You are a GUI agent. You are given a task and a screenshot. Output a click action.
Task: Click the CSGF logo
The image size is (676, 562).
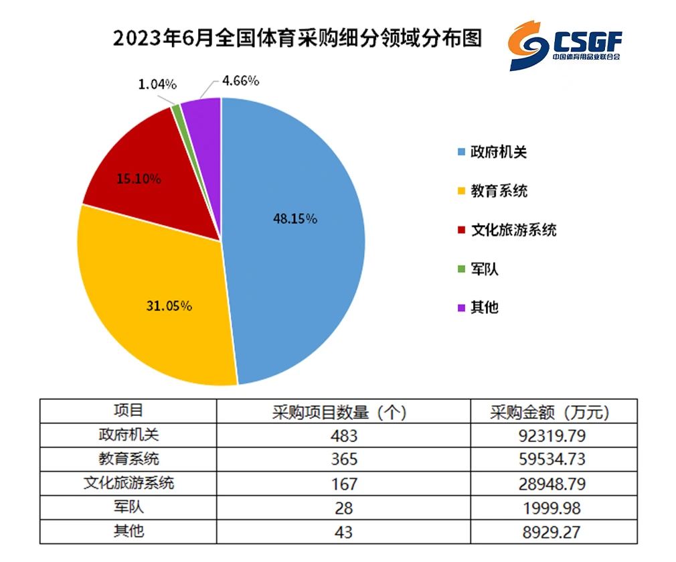pyautogui.click(x=565, y=46)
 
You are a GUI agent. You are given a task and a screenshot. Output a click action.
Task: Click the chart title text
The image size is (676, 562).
pyautogui.click(x=297, y=38)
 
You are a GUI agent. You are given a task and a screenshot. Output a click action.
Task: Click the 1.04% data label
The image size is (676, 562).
pyautogui.click(x=157, y=84)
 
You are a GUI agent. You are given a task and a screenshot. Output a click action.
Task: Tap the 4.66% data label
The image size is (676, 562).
pyautogui.click(x=240, y=80)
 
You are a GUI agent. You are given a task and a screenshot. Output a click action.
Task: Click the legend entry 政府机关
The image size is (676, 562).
pyautogui.click(x=493, y=152)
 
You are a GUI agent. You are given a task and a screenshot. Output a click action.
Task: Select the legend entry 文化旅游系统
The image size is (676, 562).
pyautogui.click(x=507, y=230)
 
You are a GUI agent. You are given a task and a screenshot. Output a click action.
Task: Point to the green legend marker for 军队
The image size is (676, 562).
pyautogui.click(x=461, y=269)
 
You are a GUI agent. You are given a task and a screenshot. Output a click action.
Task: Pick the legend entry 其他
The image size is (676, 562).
pyautogui.click(x=478, y=307)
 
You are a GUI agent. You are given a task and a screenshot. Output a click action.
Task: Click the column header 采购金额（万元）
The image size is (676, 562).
pyautogui.click(x=550, y=413)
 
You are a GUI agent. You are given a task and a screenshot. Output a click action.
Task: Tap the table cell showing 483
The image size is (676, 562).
pyautogui.click(x=344, y=436)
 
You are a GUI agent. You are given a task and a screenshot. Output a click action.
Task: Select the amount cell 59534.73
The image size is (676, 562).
pyautogui.click(x=552, y=460)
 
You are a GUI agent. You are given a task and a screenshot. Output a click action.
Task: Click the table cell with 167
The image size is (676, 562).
pyautogui.click(x=344, y=484)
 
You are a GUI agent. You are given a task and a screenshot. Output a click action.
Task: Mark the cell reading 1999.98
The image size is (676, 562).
pyautogui.click(x=552, y=508)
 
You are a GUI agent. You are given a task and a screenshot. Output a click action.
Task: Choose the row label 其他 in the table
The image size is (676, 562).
pyautogui.click(x=129, y=531)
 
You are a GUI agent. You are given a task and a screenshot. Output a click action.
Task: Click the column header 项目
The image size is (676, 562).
pyautogui.click(x=129, y=410)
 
